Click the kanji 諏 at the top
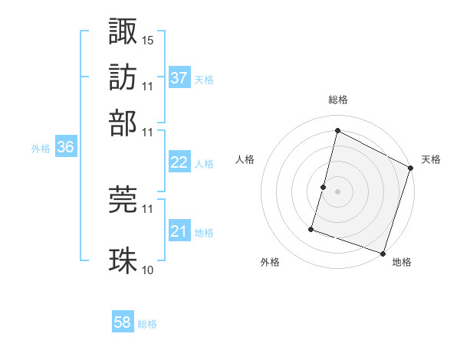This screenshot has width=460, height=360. coord(123,31)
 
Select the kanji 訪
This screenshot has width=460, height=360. coord(123,77)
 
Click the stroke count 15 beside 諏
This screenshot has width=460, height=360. coord(148,40)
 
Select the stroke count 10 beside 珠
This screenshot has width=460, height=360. coord(148,270)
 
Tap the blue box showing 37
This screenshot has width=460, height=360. coord(179,77)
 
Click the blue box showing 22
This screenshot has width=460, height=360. coord(179,162)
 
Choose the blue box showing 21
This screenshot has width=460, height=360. coord(179,231)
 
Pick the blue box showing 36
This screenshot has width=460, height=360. coord(65,148)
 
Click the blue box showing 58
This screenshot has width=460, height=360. coord(123,323)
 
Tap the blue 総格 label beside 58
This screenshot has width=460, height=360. coord(147,324)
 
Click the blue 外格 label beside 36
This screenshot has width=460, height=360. coord(41,149)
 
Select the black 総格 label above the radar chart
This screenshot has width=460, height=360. coord(337,100)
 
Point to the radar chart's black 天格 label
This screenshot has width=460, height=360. coord(431,159)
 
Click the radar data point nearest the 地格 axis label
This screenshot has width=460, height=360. coord(383,253)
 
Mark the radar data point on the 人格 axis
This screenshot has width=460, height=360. coord(323,187)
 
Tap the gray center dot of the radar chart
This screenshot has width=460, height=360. coord(337,191)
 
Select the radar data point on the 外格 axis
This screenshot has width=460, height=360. coord(311,228)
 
